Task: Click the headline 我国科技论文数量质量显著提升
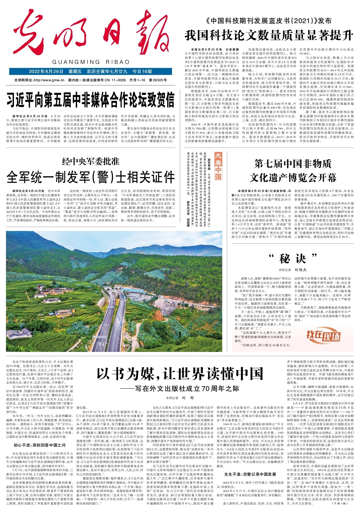click(269, 36)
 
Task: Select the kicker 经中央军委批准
click(91, 162)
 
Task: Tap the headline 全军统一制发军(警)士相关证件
click(90, 177)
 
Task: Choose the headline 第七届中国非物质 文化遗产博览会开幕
click(293, 171)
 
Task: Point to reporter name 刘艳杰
click(300, 269)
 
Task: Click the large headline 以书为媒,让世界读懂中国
click(180, 374)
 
